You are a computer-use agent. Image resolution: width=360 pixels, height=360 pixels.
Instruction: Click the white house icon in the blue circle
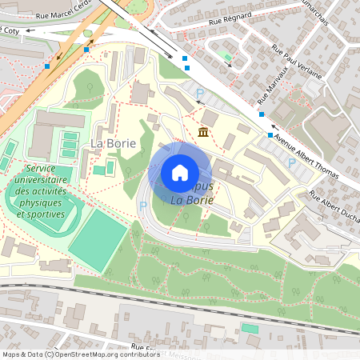(180, 173)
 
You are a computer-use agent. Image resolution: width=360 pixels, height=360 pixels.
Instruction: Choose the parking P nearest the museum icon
(199, 94)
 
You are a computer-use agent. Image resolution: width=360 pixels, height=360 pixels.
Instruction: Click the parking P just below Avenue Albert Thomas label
(291, 162)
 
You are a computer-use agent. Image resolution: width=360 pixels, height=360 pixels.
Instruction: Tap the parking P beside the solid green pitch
(143, 206)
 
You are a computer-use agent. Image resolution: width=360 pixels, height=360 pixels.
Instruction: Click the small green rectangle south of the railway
(250, 329)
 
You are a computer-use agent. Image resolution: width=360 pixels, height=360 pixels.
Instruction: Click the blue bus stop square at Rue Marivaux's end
(261, 115)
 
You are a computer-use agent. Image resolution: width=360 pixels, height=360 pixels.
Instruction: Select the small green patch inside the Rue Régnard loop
(227, 57)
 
